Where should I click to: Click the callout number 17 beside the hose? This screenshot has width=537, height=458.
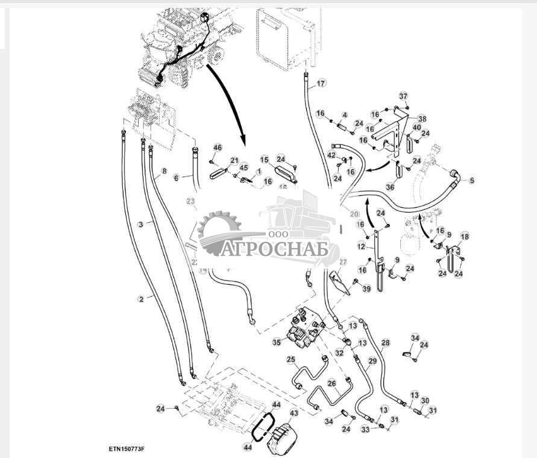pyautogui.click(x=321, y=83)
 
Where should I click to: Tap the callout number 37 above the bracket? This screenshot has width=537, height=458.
pyautogui.click(x=404, y=96)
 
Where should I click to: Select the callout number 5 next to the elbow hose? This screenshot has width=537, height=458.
pyautogui.click(x=471, y=180)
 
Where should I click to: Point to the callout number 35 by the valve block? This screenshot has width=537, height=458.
pyautogui.click(x=277, y=342)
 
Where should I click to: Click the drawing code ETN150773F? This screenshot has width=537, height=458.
pyautogui.click(x=130, y=448)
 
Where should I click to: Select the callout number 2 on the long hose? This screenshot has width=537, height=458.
pyautogui.click(x=142, y=299)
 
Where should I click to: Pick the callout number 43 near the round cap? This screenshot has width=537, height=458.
pyautogui.click(x=294, y=413)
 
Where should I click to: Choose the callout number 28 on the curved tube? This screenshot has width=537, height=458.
pyautogui.click(x=385, y=342)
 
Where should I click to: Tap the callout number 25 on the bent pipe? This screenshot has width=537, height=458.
pyautogui.click(x=290, y=360)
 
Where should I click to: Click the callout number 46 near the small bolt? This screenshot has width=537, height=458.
pyautogui.click(x=218, y=148)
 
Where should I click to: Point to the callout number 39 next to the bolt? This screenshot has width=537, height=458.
pyautogui.click(x=366, y=289)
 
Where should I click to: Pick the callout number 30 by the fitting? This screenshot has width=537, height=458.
pyautogui.click(x=425, y=400)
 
